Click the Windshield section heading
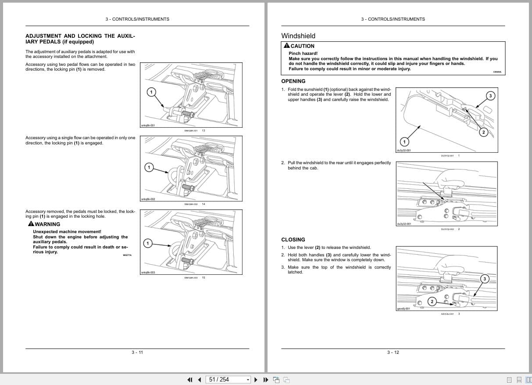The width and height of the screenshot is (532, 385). coord(298,36)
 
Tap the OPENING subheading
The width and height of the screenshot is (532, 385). coord(293,81)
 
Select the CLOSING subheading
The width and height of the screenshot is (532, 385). coord(293,240)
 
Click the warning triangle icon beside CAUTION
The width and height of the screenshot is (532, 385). coord(286,46)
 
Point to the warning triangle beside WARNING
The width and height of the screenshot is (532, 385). coord(31,224)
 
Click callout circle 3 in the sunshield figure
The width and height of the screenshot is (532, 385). coord(490,96)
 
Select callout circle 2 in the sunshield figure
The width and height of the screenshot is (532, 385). coord(483,132)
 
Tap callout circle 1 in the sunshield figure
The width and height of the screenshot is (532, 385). coord(404,141)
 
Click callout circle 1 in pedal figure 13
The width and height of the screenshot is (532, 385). coord(150,92)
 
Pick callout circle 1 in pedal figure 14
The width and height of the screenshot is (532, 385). coord(149,167)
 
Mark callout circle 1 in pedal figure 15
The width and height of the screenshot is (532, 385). coord(148,243)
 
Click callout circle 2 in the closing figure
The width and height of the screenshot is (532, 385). coord(432,301)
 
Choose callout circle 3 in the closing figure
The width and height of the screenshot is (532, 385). coord(485,278)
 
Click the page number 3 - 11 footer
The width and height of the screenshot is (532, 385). coord(137,352)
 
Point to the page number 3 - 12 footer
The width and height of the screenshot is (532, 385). coord(393,352)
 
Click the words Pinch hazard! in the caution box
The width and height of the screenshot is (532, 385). coord(303,54)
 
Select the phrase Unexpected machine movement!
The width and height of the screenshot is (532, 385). coord(67,231)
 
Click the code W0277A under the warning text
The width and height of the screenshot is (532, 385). coord(127,255)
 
